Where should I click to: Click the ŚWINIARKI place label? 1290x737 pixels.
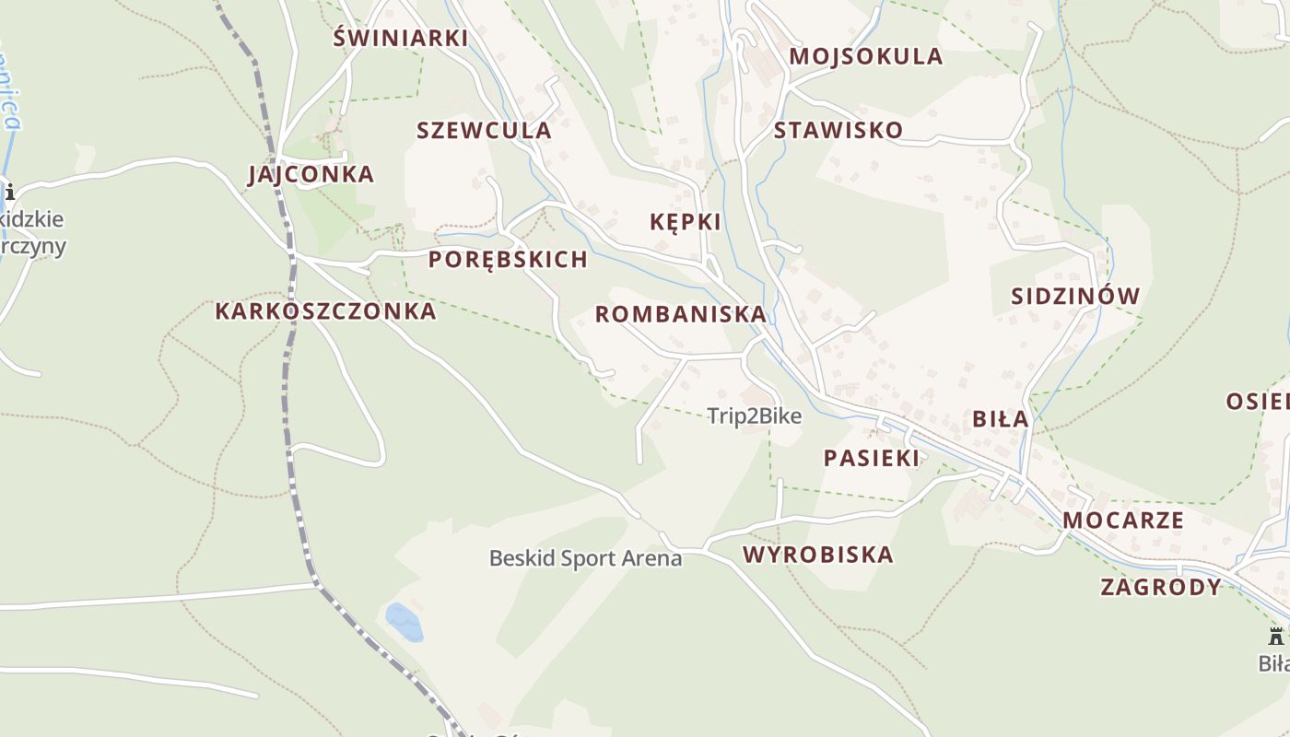[400, 38]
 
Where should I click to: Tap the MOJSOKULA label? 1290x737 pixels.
[866, 56]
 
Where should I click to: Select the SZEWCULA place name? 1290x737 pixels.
[484, 130]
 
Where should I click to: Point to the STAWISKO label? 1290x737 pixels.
[838, 130]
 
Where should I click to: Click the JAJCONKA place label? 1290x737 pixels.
[311, 174]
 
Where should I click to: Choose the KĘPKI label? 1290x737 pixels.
[685, 222]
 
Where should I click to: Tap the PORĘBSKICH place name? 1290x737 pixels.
[508, 259]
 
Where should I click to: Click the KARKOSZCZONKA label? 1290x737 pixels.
[325, 310]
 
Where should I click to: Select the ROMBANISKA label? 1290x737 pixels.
[680, 314]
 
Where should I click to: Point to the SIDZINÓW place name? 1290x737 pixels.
[1075, 296]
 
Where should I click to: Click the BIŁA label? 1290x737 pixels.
[1001, 419]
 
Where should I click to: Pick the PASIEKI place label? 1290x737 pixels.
[872, 458]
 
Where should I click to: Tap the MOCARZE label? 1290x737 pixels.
[1123, 520]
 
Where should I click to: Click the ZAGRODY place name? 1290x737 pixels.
[1161, 587]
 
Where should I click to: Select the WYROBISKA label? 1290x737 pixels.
[818, 555]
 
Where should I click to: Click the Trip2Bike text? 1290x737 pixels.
[755, 416]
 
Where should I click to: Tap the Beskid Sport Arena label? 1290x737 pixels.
[586, 558]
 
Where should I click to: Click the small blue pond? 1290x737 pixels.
[404, 622]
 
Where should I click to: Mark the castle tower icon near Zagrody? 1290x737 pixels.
[1276, 636]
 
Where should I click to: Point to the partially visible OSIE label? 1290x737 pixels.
[1259, 401]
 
